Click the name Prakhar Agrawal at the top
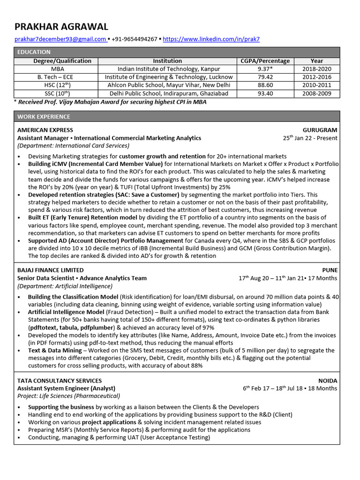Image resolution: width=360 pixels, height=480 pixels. coord(61,27)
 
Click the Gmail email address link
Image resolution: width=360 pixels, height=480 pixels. coord(60,39)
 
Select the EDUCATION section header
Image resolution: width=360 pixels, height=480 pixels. coord(34,52)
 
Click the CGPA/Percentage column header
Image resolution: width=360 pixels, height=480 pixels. coord(265,61)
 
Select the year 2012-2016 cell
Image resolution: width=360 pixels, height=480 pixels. coord(316,77)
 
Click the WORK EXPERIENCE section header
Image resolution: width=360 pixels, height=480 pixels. coord(44,117)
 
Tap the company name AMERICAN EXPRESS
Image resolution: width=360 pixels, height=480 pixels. coord(45,130)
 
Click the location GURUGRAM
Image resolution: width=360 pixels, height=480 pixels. coord(320,130)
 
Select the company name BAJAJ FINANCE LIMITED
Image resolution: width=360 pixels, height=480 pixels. coord(50,270)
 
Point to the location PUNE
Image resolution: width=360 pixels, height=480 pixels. coord(329,270)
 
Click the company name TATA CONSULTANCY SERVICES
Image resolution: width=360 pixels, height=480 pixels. coord(59,381)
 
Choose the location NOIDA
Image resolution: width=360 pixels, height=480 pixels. coord(327,381)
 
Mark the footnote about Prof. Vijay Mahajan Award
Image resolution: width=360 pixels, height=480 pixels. coord(112,102)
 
